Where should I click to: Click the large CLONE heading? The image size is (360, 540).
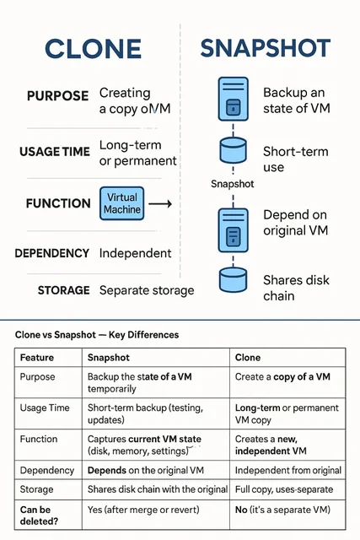click(93, 49)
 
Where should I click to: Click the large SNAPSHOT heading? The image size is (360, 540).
click(266, 48)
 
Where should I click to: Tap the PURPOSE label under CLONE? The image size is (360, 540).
click(58, 95)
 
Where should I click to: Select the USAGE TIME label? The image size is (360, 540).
click(54, 152)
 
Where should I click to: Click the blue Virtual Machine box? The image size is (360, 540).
click(122, 203)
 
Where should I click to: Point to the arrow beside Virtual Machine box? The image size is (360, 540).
click(160, 204)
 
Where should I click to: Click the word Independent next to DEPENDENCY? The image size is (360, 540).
click(135, 253)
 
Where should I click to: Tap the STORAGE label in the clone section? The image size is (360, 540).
click(64, 290)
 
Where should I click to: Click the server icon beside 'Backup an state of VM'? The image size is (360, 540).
click(234, 100)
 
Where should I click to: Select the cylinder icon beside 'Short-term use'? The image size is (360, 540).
click(233, 150)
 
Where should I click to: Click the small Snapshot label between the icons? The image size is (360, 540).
click(233, 184)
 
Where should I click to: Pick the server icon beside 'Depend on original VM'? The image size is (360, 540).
click(234, 230)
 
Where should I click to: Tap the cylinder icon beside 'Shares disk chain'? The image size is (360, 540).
click(233, 280)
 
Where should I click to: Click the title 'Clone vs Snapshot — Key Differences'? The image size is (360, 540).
click(97, 335)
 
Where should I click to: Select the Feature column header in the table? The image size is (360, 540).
click(37, 358)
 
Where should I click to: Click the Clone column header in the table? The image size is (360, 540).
click(248, 358)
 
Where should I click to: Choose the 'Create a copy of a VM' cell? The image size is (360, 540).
click(282, 377)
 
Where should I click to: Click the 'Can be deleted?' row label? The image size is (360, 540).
click(39, 516)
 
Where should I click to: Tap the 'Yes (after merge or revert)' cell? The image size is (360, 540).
click(143, 510)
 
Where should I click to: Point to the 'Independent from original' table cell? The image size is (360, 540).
click(288, 471)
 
